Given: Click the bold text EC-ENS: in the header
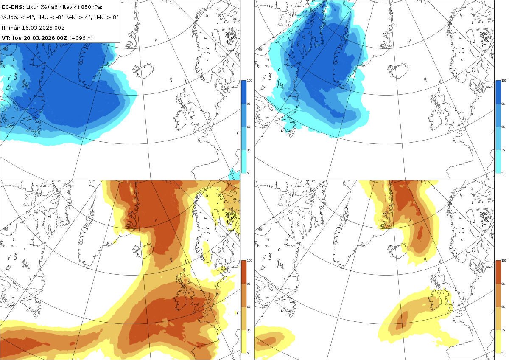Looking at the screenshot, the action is click(13, 7).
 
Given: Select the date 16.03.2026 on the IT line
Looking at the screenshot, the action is click(37, 28).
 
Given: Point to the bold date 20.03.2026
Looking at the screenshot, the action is click(39, 38).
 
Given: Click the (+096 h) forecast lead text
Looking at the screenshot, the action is click(81, 38).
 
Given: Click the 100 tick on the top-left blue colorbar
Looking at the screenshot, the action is click(249, 81).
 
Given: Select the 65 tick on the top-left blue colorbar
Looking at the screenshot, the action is click(249, 127).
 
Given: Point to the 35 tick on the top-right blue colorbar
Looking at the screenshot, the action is click(503, 150).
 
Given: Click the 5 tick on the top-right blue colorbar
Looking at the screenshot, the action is click(502, 173).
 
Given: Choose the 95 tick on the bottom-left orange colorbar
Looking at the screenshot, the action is click(249, 284).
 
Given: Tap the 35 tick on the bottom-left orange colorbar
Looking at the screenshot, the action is click(249, 330).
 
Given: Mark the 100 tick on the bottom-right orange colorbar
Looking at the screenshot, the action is click(504, 261).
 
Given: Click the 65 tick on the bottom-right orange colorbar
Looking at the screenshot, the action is click(503, 307).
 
